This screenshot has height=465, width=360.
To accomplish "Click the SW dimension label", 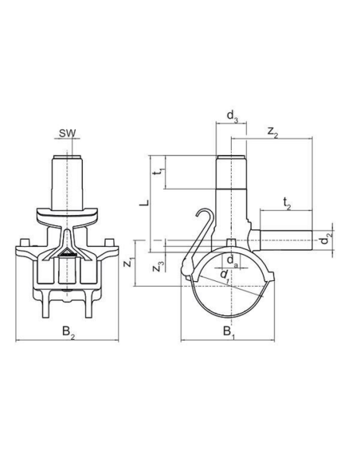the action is coord(68,133).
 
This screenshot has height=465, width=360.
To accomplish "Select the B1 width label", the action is coord(229,332).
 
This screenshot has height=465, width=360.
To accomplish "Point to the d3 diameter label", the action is coord(233,116).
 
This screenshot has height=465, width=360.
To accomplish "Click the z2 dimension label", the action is coord(273,131).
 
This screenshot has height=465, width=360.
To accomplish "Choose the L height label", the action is coord(144,203).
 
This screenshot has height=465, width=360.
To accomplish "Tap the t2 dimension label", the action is coord(287,205).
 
